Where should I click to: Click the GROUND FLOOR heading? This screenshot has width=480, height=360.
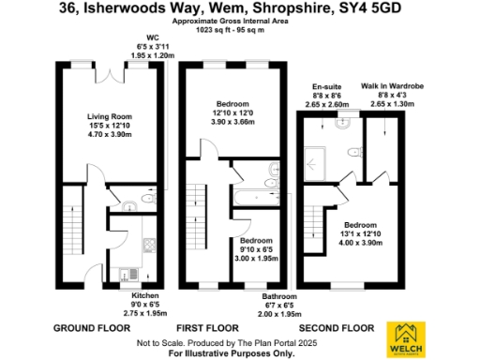tap(93, 329)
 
